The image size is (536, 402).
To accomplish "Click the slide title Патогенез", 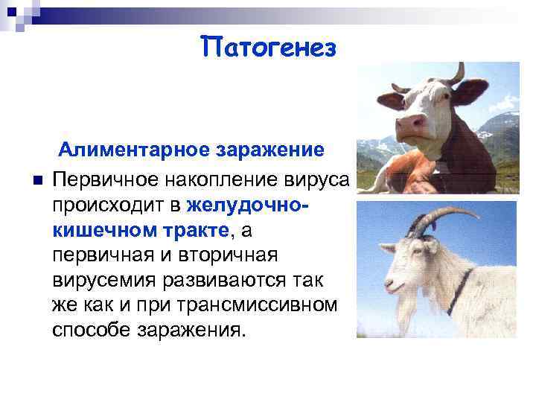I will pos(269,48).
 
